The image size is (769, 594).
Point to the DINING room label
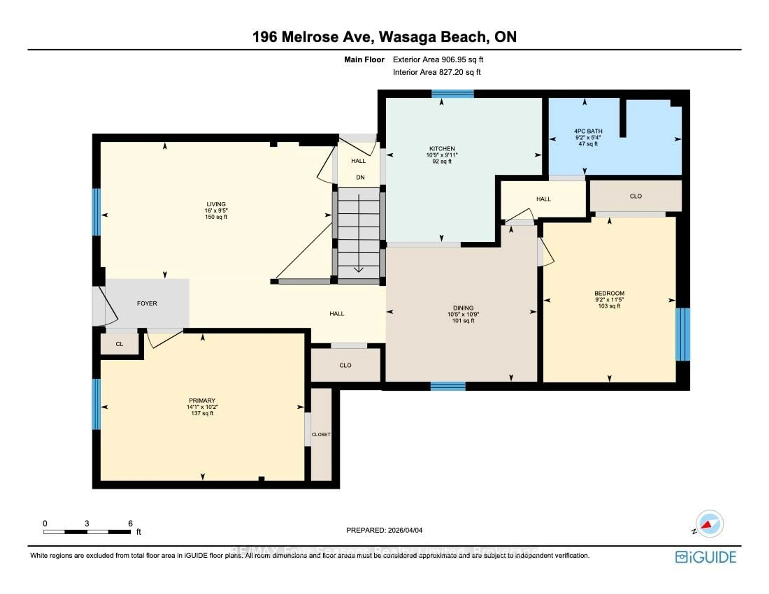[x=463, y=308]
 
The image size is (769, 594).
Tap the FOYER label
[x=147, y=303]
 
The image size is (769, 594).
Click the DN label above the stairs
[x=360, y=177]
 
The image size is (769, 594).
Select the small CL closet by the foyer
[x=119, y=344]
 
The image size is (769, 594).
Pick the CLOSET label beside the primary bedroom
[x=321, y=434]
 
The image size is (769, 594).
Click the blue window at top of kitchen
[x=452, y=94]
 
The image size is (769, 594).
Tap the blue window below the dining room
[x=448, y=386]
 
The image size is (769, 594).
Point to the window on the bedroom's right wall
[x=682, y=335]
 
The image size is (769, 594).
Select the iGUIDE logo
[x=705, y=557]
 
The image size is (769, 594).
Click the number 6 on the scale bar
[x=130, y=523]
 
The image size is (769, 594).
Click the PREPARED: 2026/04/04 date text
[x=384, y=530]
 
